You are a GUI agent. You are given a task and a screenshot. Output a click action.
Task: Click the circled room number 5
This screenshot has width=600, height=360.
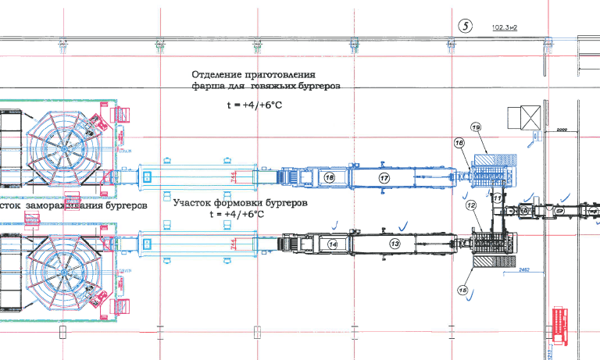point(466,25)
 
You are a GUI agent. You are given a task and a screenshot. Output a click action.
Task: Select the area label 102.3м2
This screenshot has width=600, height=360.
point(505,27)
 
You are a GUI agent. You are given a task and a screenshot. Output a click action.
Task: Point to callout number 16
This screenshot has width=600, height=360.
point(460,143)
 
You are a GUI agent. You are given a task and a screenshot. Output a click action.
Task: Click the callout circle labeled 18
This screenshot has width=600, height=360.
point(329,178)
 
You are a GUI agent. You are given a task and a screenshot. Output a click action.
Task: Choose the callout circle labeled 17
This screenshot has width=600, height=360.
point(384,178)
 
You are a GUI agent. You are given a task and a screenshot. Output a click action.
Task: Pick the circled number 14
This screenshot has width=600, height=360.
point(333,244)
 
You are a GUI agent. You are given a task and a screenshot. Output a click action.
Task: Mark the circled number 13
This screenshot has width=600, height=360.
point(395,244)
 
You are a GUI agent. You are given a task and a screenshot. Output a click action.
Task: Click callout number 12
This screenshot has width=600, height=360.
point(471,205)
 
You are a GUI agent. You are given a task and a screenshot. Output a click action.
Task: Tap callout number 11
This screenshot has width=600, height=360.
point(497,198)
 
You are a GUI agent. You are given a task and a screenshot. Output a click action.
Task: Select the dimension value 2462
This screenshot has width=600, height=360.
point(524,270)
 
